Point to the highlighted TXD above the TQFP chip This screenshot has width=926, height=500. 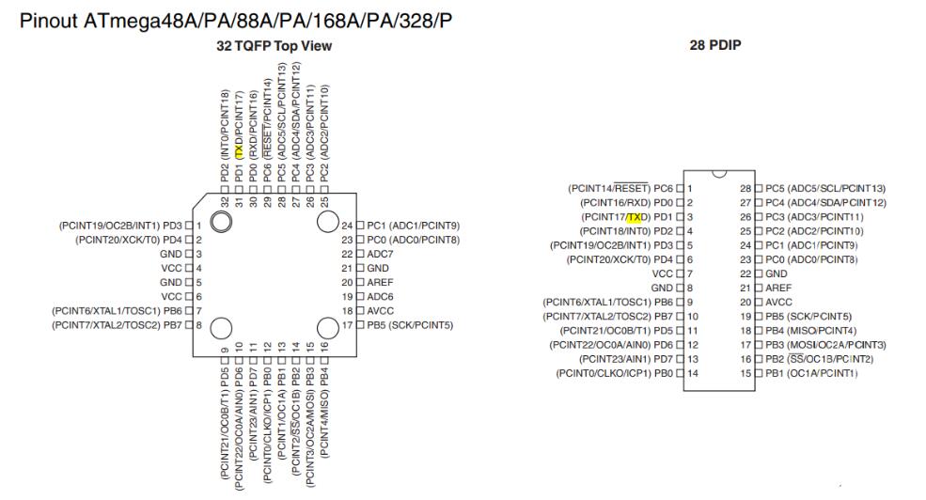240,150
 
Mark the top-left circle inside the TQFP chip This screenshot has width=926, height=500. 221,222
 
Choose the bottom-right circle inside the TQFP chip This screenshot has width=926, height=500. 328,329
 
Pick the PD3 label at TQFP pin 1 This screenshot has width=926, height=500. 172,226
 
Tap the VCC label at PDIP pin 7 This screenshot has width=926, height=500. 664,274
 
